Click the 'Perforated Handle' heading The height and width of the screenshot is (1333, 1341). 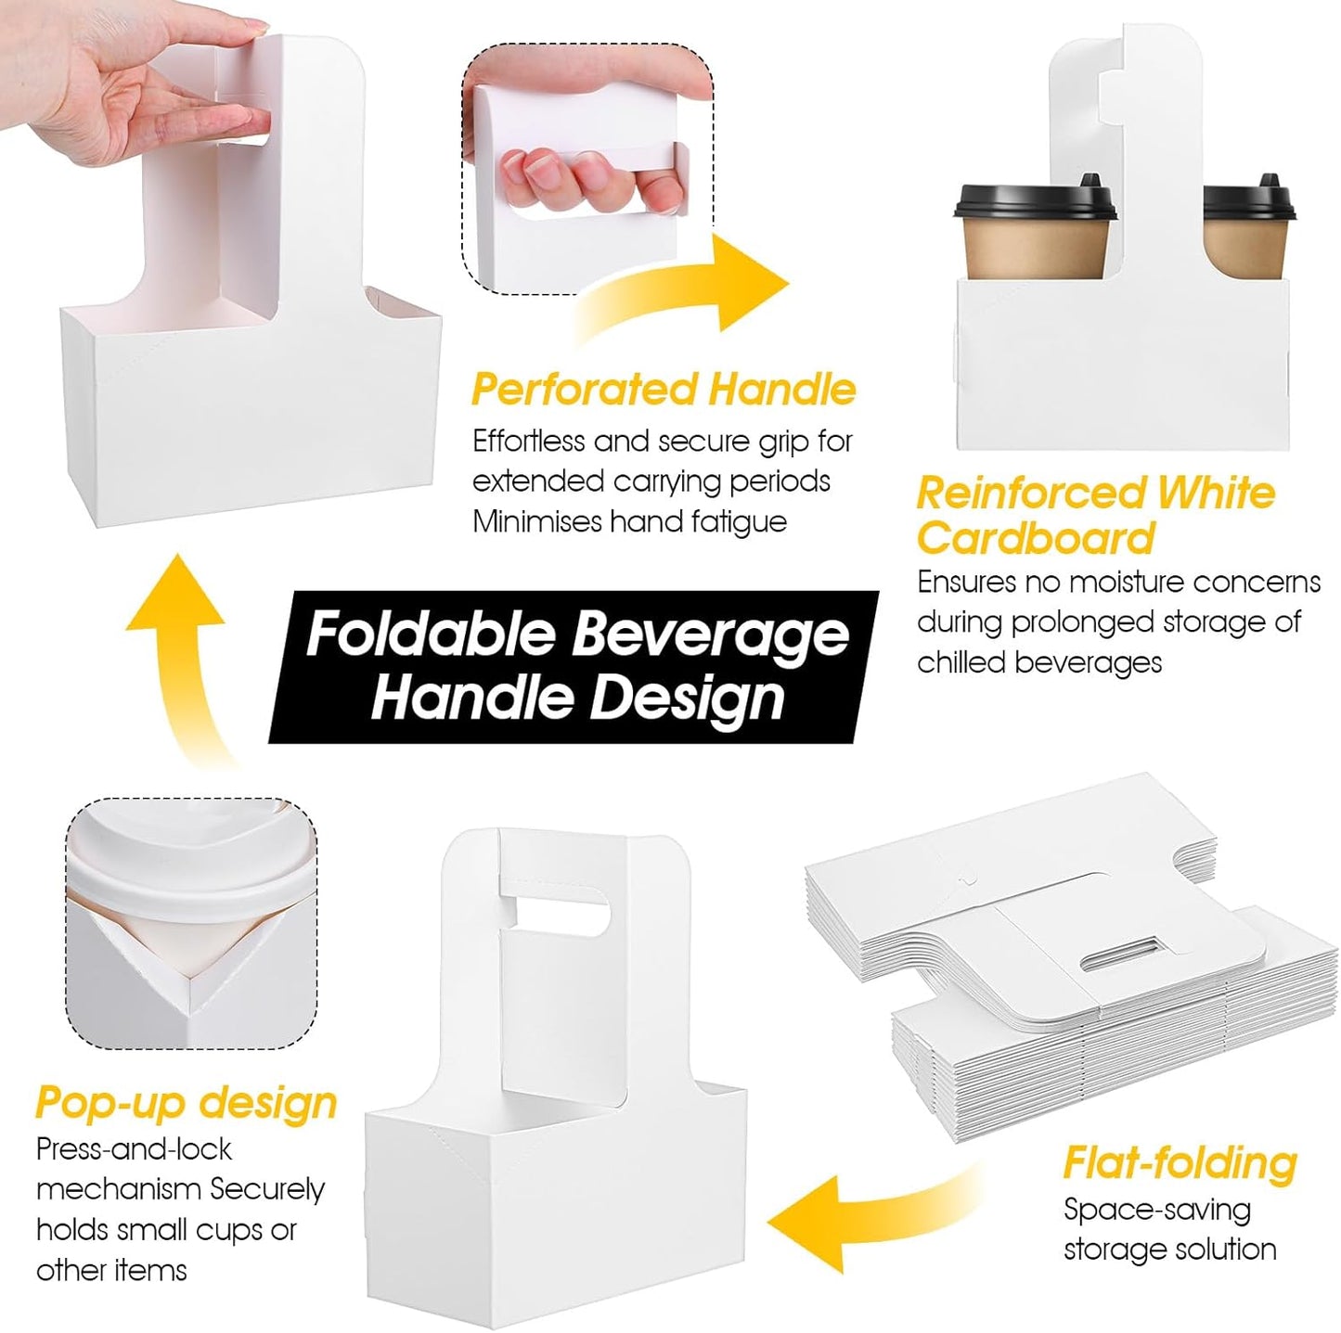[663, 389]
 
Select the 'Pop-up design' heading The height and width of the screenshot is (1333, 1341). [186, 1102]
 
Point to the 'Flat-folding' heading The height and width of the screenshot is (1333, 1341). [1180, 1162]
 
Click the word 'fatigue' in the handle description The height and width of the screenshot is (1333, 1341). [738, 521]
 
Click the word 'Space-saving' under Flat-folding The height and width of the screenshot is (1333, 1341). [1156, 1209]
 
